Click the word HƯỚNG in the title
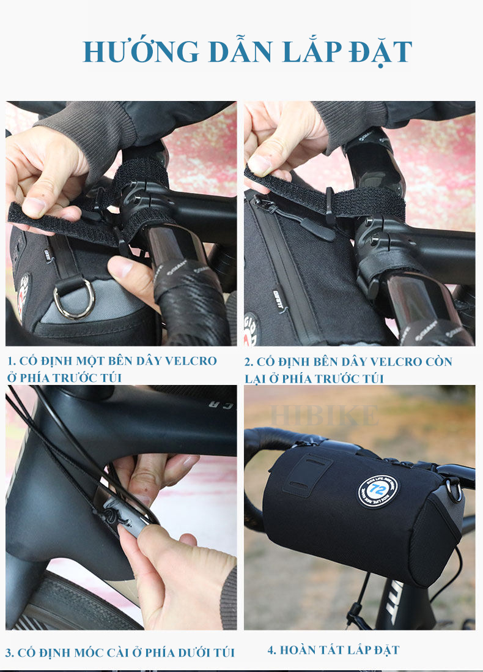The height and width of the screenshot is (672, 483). pyautogui.click(x=141, y=51)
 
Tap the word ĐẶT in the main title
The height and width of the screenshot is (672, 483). pyautogui.click(x=380, y=52)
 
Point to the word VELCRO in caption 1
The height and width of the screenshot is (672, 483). pyautogui.click(x=191, y=361)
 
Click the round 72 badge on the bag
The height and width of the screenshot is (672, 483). pyautogui.click(x=378, y=490)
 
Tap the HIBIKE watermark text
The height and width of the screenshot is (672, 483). pyautogui.click(x=324, y=415)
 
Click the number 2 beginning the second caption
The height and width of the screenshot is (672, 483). pyautogui.click(x=248, y=362)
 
